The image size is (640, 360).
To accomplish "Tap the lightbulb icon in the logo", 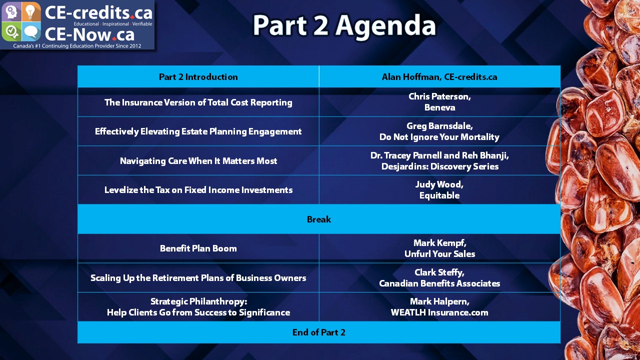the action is point(31,11).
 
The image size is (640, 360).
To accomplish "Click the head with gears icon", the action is point(11,11).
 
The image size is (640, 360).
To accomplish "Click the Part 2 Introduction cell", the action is point(198,77).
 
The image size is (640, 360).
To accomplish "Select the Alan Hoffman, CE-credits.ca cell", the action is point(439,77).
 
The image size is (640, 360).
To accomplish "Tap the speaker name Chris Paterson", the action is point(439,96).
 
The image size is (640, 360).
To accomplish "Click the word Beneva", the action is point(439,107).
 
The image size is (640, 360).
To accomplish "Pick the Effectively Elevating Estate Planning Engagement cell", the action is point(198,131).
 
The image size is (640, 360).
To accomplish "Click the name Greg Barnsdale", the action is point(439,126).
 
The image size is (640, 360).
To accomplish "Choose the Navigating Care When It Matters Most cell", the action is point(198,161).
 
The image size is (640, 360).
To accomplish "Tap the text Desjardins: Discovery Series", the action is point(439,166).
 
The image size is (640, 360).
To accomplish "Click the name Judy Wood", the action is point(439,184).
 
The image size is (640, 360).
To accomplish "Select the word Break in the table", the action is point(319,219).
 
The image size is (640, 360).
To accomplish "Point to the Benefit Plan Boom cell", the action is point(198,248).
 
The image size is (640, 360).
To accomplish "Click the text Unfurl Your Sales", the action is point(439,254).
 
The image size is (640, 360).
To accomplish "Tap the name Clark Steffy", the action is point(439,272).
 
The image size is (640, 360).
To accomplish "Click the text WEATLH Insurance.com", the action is point(439,312).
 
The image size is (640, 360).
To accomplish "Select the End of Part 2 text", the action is point(319,332).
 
